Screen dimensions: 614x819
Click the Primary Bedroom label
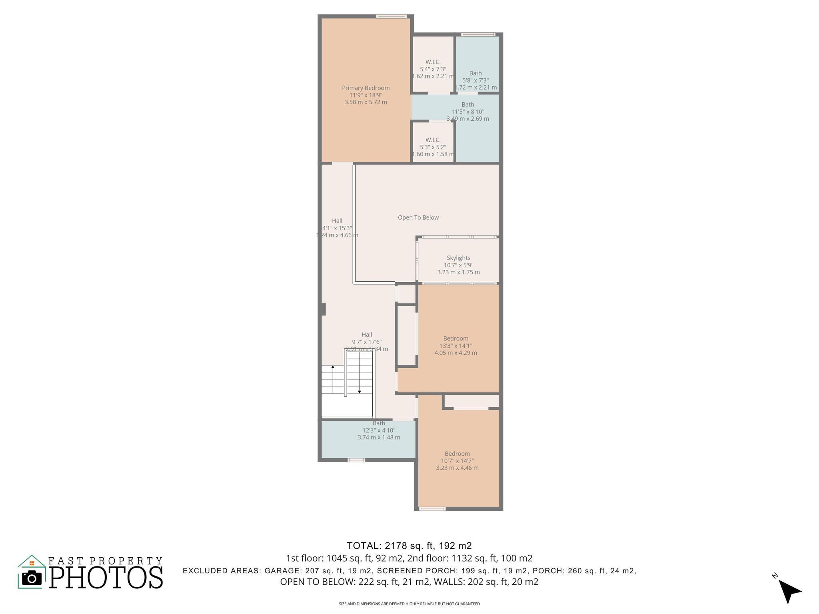point(366,88)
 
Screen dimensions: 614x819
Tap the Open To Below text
point(418,217)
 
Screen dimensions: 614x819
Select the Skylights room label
point(458,258)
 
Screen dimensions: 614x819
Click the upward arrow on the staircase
point(333,367)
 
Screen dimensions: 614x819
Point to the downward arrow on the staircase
point(359,392)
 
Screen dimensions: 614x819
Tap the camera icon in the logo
point(32,578)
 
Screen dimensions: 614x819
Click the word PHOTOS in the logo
point(106,577)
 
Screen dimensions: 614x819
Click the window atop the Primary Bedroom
point(392,16)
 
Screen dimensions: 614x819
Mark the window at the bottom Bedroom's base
point(432,509)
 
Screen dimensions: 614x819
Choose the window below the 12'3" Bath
point(356,460)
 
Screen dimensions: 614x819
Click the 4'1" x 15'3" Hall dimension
point(337,228)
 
